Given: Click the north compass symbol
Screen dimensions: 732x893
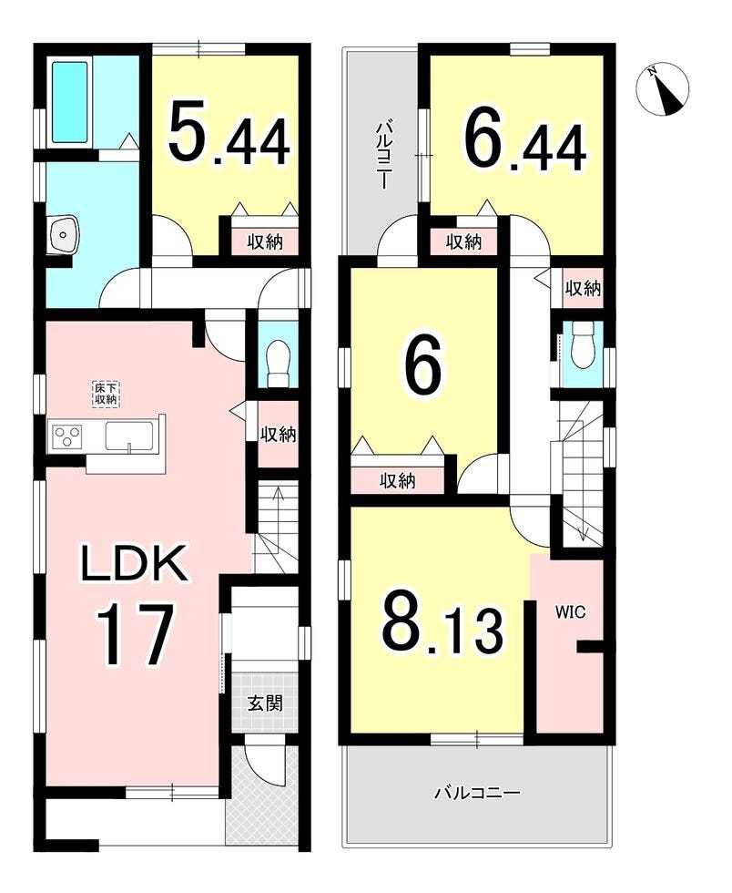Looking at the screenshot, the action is [x=662, y=89].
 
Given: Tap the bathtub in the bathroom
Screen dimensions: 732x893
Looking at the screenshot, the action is [x=70, y=102].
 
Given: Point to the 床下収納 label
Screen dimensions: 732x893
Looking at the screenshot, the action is [x=106, y=394].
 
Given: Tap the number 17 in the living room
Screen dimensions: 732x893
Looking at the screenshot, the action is [x=135, y=635].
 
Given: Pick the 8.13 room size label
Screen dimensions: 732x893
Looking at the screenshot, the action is [x=442, y=630].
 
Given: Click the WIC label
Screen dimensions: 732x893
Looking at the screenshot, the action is [x=570, y=612].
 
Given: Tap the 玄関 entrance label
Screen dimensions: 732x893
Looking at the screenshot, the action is [x=265, y=703].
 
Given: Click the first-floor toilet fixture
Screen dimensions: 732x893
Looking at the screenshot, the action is [x=279, y=363].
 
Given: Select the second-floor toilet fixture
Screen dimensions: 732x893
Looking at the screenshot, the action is [x=583, y=345].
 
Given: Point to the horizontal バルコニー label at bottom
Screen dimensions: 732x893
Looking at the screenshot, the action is [x=477, y=792].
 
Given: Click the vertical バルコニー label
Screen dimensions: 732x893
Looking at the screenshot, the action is [x=384, y=154].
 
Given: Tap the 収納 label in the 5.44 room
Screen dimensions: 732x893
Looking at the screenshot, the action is [x=265, y=242].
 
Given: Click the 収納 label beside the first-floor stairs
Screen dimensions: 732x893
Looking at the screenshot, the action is [x=279, y=435].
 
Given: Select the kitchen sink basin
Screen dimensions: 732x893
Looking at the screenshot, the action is [x=130, y=436].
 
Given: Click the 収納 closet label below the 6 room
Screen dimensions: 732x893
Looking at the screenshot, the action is [x=398, y=482].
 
